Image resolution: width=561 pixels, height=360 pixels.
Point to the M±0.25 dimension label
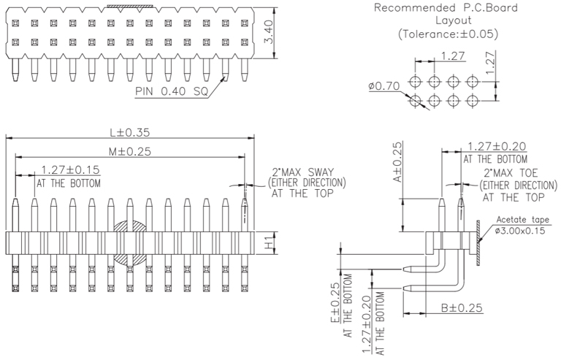point(129,151)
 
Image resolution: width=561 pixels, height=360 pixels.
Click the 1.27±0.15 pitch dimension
point(70,169)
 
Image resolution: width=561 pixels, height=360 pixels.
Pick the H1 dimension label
point(269,242)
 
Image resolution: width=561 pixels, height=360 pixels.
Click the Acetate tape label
point(523,220)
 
